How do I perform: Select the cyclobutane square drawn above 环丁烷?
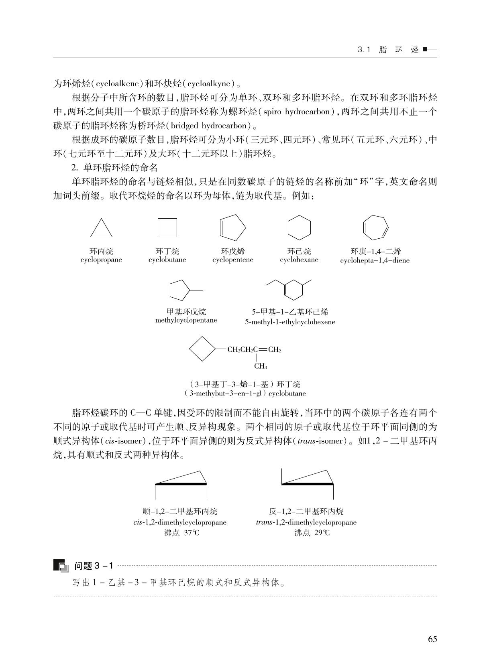point(167,228)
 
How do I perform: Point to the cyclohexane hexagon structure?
point(299,228)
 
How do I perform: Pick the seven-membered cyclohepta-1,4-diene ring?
point(375,227)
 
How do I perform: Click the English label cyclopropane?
point(101,260)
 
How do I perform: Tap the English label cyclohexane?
point(299,260)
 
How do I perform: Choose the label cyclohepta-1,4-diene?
point(375,261)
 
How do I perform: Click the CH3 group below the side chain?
point(261,366)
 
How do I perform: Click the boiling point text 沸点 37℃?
point(181,533)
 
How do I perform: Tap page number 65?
point(432,639)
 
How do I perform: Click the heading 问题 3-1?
point(94,566)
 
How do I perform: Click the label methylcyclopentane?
point(186,321)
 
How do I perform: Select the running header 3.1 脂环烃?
point(388,51)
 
